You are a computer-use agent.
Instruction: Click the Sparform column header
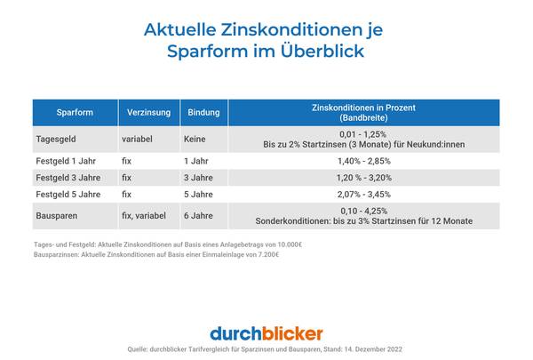point(75,113)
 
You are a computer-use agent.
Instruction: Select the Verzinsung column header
point(142,113)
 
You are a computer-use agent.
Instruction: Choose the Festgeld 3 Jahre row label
point(68,177)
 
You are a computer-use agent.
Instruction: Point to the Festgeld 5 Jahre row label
point(68,193)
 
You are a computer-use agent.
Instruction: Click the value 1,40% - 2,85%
point(363,161)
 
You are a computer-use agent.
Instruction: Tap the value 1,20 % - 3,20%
point(363,177)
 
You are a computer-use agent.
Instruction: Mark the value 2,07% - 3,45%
point(363,193)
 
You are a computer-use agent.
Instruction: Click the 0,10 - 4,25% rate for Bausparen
point(363,211)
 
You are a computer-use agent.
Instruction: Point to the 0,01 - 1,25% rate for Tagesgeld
point(363,132)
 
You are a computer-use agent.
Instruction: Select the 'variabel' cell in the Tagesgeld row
point(139,138)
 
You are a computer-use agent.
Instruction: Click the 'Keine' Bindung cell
point(195,138)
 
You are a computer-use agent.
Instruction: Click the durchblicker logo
point(266,333)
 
